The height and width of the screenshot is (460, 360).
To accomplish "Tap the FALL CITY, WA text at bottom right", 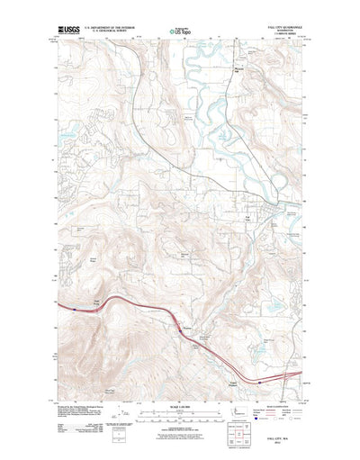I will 290,437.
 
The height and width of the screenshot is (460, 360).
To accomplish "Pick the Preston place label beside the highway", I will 187,329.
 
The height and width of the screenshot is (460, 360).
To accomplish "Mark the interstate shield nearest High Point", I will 68,306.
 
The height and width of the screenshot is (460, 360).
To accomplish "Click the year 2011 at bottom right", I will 290,444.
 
